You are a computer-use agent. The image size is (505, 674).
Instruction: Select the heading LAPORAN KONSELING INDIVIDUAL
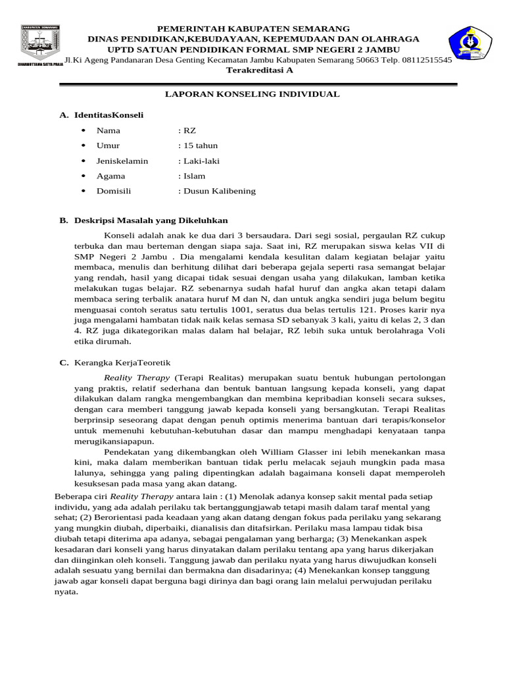click(x=252, y=94)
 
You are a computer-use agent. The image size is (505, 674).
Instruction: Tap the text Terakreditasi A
click(x=259, y=70)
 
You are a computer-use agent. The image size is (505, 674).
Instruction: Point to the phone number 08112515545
click(x=427, y=59)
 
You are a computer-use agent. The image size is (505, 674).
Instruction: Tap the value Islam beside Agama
click(x=194, y=176)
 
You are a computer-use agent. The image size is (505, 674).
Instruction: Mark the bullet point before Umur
click(x=84, y=145)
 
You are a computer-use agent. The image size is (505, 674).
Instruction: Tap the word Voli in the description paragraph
click(x=437, y=330)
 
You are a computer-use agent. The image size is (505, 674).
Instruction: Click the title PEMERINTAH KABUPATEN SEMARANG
click(x=252, y=30)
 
